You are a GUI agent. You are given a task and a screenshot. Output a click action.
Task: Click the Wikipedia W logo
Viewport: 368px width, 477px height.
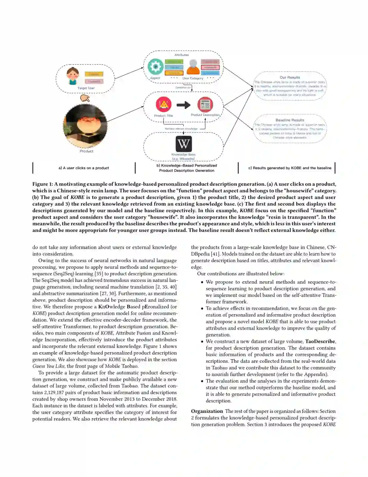184,144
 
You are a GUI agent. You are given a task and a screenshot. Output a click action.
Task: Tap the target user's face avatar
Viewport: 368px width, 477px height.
73,76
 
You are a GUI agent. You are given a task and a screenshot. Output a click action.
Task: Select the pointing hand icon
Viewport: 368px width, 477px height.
85,98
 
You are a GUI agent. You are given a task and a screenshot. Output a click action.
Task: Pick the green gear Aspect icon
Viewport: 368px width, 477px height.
155,67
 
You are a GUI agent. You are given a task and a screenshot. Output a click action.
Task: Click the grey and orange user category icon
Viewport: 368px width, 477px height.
193,67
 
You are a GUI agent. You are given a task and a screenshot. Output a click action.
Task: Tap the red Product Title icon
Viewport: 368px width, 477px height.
164,104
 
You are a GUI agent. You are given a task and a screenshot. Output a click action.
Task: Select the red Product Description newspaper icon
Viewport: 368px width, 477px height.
205,104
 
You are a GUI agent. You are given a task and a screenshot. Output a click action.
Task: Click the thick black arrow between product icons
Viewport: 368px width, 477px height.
184,105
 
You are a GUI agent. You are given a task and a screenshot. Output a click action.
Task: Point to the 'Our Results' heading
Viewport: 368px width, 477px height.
290,77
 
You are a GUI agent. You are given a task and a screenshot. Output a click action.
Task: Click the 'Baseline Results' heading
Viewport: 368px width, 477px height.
290,120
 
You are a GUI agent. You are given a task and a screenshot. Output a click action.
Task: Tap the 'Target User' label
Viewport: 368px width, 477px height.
86,88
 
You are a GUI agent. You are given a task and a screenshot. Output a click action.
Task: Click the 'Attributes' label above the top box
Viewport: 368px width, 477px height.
182,55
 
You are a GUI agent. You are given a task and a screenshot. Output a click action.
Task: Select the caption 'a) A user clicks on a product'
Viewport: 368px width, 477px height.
84,168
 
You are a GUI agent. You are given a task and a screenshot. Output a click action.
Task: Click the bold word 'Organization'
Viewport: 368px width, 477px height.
207,411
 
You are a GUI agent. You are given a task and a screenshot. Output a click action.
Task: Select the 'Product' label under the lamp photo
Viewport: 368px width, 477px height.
87,151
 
